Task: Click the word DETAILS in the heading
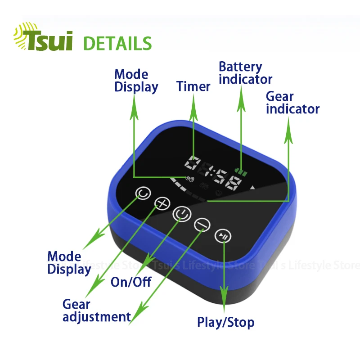click(x=118, y=44)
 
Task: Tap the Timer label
click(x=193, y=86)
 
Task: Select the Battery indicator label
click(x=245, y=73)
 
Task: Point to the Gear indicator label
click(x=292, y=103)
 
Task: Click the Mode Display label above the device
click(x=136, y=81)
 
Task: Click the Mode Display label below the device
click(x=69, y=263)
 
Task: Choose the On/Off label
click(x=131, y=282)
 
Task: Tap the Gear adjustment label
click(x=96, y=311)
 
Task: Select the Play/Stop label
click(x=225, y=322)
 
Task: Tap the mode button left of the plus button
click(x=143, y=194)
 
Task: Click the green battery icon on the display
click(x=242, y=172)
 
